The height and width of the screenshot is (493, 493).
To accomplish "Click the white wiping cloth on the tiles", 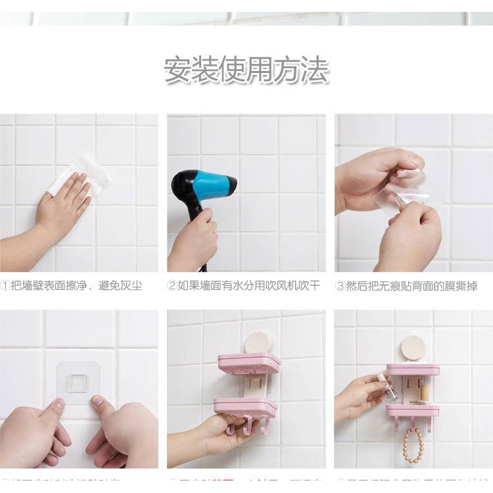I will [82, 173].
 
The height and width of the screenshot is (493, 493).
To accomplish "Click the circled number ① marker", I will [5, 286].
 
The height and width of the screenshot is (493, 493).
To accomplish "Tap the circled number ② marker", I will [172, 286].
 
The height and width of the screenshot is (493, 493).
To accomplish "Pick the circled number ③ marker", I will [340, 286].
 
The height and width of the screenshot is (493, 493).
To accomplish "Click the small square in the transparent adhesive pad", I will [78, 383].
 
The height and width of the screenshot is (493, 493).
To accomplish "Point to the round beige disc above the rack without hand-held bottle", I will [258, 342].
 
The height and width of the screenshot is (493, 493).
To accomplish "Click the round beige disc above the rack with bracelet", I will [413, 347].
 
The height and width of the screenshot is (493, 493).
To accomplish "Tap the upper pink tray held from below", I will [248, 364].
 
